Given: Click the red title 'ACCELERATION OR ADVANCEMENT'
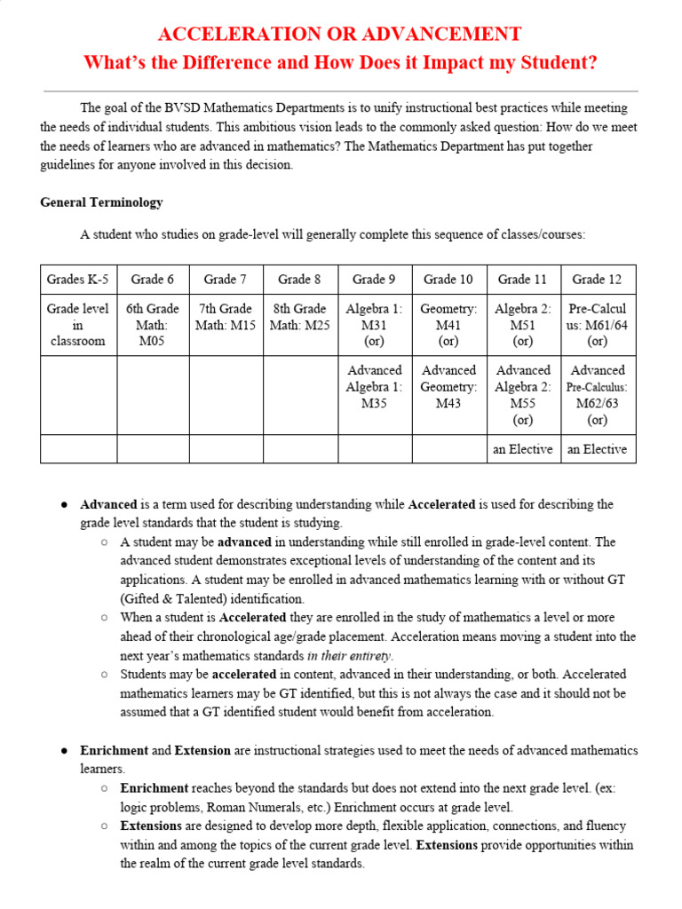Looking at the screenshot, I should click(339, 35).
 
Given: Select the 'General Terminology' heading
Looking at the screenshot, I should click(101, 202).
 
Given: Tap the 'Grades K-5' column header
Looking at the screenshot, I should click(78, 280).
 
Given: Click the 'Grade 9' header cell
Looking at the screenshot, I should click(374, 280).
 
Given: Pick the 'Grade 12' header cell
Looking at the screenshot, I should click(597, 280).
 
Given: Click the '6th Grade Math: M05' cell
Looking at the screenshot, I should click(152, 325).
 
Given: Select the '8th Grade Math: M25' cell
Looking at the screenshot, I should click(299, 317).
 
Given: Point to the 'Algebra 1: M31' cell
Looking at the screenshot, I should click(374, 325).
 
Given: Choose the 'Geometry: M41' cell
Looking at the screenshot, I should click(448, 325).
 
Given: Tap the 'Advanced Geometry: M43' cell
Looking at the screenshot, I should click(448, 387).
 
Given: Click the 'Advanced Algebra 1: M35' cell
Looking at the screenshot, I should click(374, 387).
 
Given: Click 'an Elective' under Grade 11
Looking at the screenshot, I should click(522, 449).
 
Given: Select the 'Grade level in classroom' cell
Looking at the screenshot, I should click(78, 325).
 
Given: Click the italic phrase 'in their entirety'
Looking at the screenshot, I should click(349, 656).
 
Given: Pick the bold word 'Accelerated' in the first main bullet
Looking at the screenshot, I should click(441, 504).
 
